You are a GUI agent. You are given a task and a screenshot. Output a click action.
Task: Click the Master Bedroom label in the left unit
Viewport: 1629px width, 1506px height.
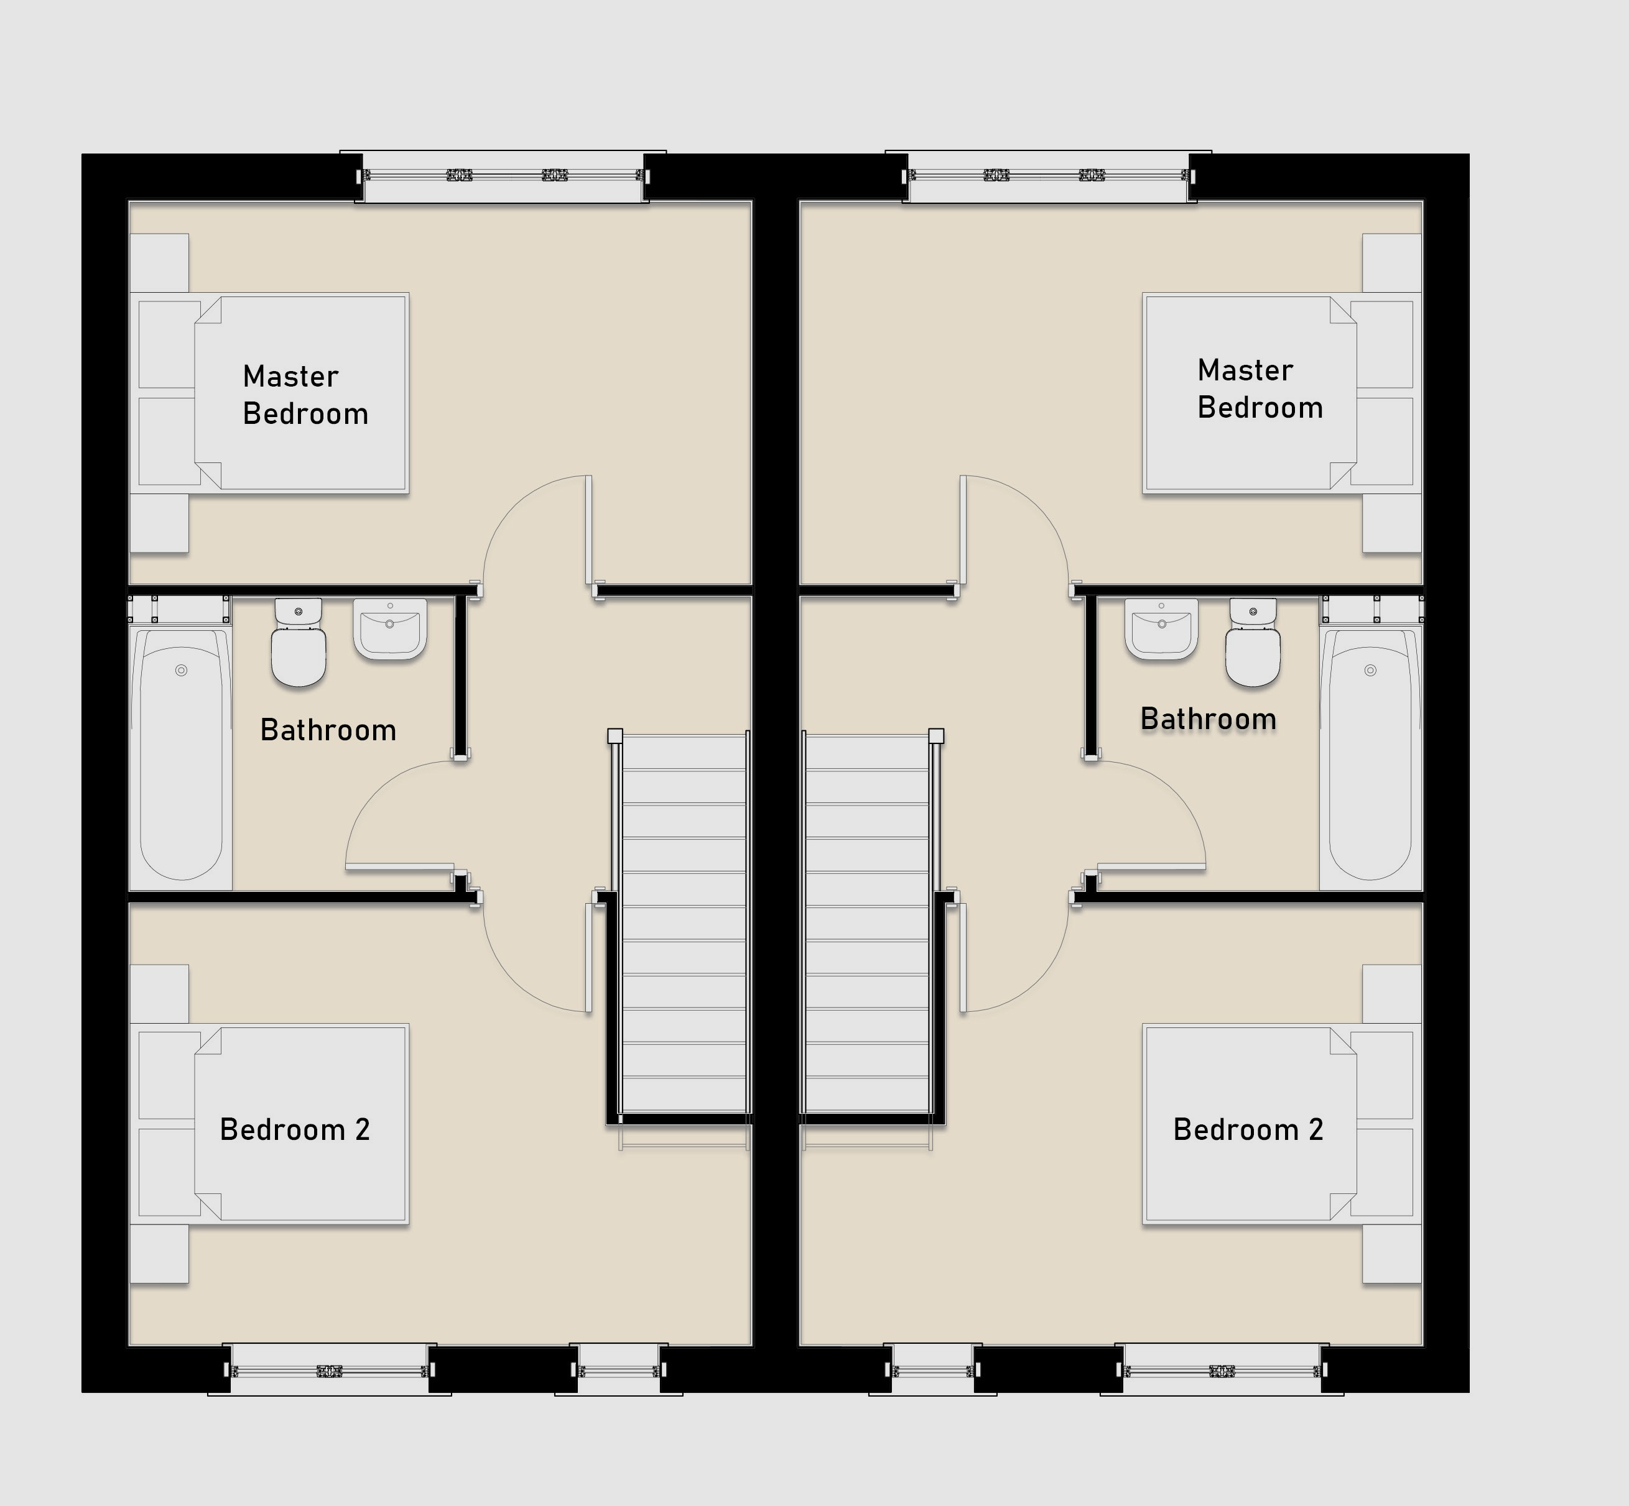[306, 395]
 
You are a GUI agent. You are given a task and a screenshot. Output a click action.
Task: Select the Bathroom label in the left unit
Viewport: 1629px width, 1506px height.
[328, 730]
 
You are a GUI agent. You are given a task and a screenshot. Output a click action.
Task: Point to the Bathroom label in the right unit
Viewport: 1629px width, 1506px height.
[1209, 719]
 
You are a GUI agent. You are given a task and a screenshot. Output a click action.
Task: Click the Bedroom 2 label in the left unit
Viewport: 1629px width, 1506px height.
[295, 1129]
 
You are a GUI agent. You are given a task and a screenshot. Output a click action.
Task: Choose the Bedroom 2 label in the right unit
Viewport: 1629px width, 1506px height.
[1248, 1129]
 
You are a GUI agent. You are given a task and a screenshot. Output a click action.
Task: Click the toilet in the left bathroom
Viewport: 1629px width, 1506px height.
[299, 642]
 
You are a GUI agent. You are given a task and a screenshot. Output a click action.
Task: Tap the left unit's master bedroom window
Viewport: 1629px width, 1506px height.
[502, 175]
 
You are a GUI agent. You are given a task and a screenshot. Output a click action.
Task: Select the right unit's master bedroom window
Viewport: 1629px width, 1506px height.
[1049, 175]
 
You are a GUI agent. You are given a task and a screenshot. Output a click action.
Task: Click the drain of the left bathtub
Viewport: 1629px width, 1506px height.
[181, 670]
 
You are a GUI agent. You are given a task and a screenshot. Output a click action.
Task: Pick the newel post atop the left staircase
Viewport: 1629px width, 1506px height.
[615, 736]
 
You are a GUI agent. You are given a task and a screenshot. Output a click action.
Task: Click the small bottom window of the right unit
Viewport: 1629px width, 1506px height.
[933, 1371]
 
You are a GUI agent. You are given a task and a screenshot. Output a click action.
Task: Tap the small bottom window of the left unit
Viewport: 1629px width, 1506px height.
[619, 1371]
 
